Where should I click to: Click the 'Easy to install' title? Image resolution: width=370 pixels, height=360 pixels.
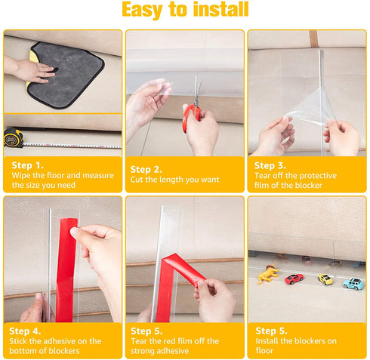click(x=185, y=9)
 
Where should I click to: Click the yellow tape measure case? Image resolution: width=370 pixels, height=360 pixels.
click(x=13, y=137)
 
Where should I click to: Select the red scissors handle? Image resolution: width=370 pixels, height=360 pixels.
click(x=191, y=118)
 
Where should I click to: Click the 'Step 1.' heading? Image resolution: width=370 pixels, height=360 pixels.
click(x=27, y=165)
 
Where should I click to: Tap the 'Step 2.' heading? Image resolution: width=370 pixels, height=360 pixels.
click(x=146, y=169)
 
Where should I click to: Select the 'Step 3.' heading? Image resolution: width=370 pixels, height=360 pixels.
click(x=270, y=165)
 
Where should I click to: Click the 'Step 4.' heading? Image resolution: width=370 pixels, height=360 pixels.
click(x=25, y=331)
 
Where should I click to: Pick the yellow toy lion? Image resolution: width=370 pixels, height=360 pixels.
click(x=268, y=274)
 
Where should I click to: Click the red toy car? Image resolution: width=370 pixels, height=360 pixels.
click(x=294, y=278)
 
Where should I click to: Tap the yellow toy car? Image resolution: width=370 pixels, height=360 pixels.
click(x=325, y=278)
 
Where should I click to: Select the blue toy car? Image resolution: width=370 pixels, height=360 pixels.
click(x=353, y=284)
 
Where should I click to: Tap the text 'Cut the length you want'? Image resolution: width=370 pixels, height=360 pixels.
click(x=174, y=180)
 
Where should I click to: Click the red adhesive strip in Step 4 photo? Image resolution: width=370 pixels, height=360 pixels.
click(x=66, y=269)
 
